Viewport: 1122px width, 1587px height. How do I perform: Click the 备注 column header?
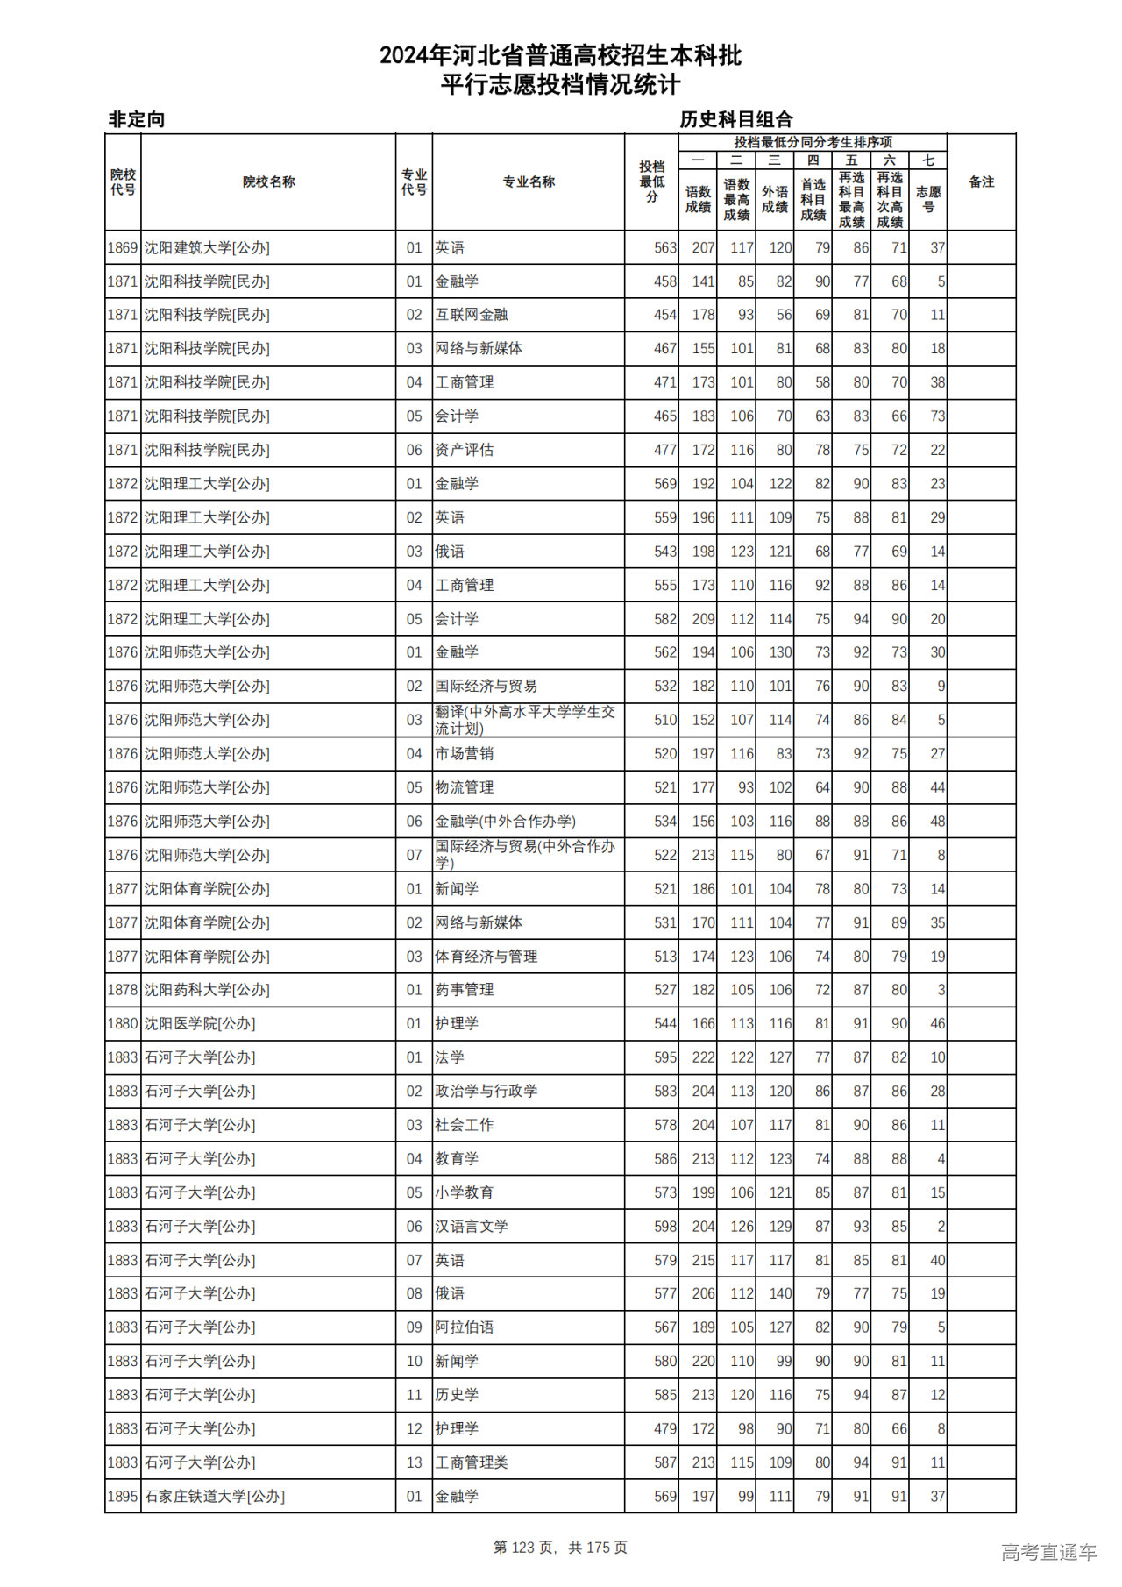981,182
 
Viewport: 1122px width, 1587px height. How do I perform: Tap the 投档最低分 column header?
651,182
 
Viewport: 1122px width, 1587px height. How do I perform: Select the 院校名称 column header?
268,182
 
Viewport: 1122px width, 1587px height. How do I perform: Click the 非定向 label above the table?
137,119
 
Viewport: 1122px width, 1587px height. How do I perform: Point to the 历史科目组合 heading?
736,119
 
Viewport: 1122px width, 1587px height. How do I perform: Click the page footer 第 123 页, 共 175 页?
560,1548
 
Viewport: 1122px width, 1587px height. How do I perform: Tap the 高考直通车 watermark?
1048,1552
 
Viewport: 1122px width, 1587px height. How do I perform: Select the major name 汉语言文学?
472,1227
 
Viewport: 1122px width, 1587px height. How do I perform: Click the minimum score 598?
665,1227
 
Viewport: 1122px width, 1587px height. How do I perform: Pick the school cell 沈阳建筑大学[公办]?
207,248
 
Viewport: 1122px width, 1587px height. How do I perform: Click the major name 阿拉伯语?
465,1327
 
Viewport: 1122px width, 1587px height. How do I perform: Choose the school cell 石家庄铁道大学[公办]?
215,1497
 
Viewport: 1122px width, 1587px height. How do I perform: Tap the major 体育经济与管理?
486,957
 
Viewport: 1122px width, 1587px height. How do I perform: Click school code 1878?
123,990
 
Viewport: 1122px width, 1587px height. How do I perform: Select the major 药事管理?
465,990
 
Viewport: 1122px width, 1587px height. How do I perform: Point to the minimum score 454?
665,315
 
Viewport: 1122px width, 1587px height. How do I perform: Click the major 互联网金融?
472,315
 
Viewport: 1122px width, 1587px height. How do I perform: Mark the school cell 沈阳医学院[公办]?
200,1024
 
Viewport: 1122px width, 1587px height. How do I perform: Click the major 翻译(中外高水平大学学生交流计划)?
525,720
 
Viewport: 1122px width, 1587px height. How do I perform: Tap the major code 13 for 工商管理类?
415,1462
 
